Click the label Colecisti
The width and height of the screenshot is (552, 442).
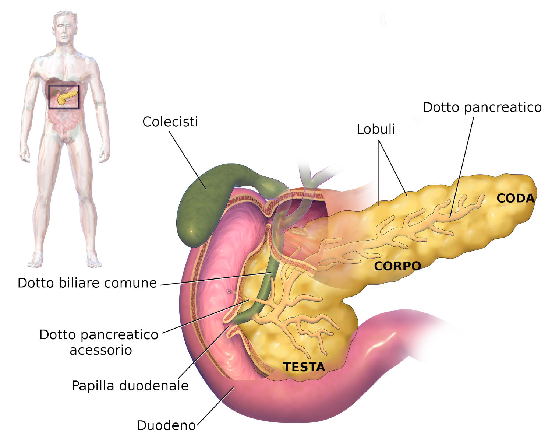click(170, 122)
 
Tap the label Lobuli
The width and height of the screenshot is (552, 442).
click(376, 129)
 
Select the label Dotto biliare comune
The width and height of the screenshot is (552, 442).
click(87, 283)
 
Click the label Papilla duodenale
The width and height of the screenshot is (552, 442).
click(130, 386)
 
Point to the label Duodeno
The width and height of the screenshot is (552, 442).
click(166, 425)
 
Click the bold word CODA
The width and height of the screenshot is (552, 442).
click(515, 198)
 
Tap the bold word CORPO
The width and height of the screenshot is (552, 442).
click(397, 266)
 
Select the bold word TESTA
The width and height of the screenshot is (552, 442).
click(304, 367)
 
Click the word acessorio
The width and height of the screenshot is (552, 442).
click(101, 350)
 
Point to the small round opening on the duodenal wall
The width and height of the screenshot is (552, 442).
click(229, 291)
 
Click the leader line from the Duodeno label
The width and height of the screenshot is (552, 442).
click(215, 405)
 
